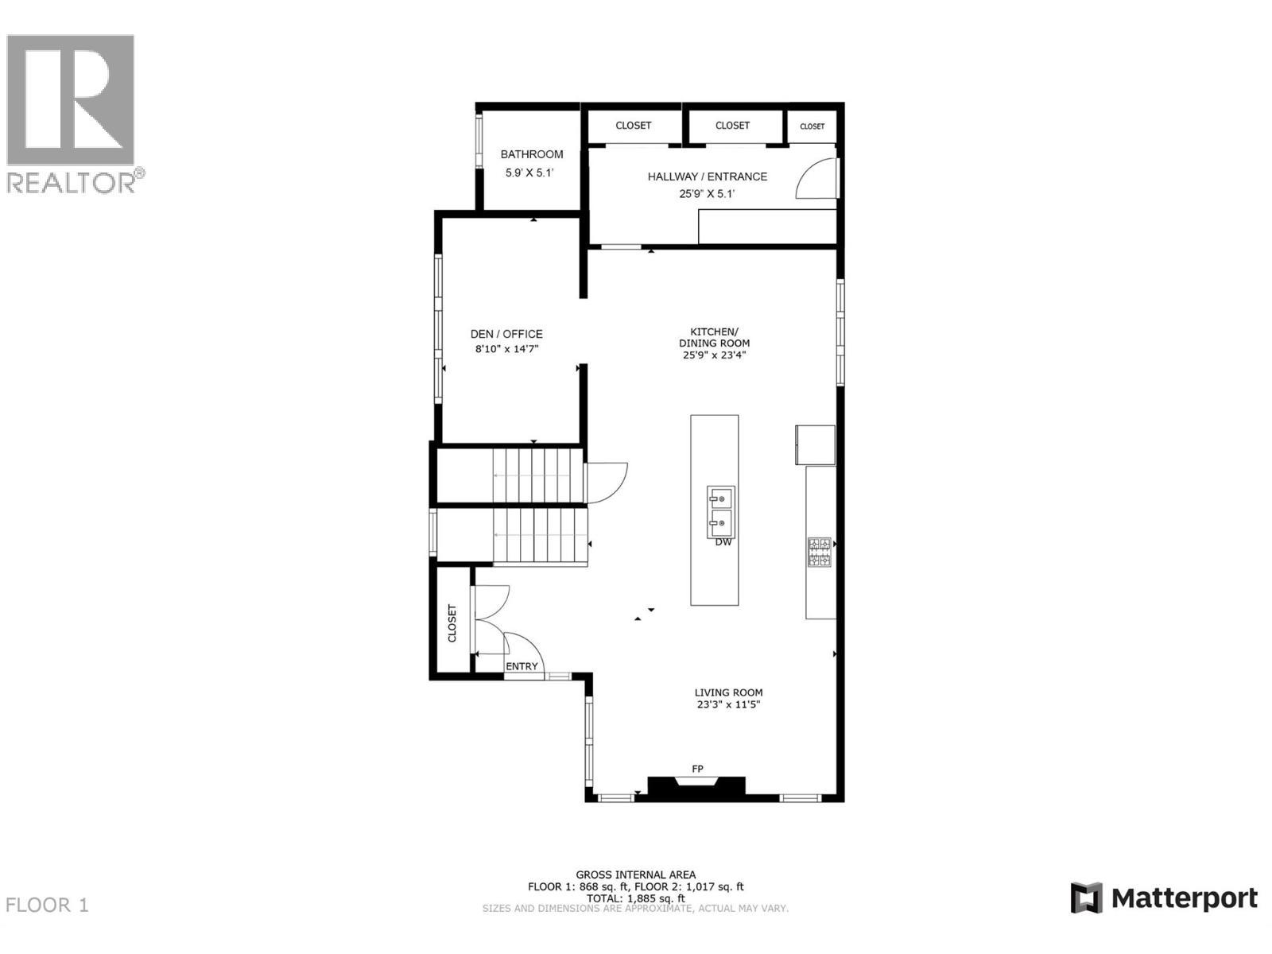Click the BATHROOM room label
coord(531,154)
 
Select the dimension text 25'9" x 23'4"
coord(714,355)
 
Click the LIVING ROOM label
coord(728,692)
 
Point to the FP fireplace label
coord(697,769)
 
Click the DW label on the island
coord(723,542)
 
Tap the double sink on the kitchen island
coord(721,512)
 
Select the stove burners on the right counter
coord(819,553)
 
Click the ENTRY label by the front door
coord(522,666)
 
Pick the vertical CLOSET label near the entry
coord(452,623)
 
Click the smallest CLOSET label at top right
coord(812,126)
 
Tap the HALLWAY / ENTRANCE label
coord(707,176)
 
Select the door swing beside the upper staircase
coord(606,482)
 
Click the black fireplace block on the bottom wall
coord(696,787)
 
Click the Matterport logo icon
coord(1086,898)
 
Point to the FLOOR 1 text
coord(47,905)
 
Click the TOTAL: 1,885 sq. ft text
coord(635,898)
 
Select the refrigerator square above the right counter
coord(816,444)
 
